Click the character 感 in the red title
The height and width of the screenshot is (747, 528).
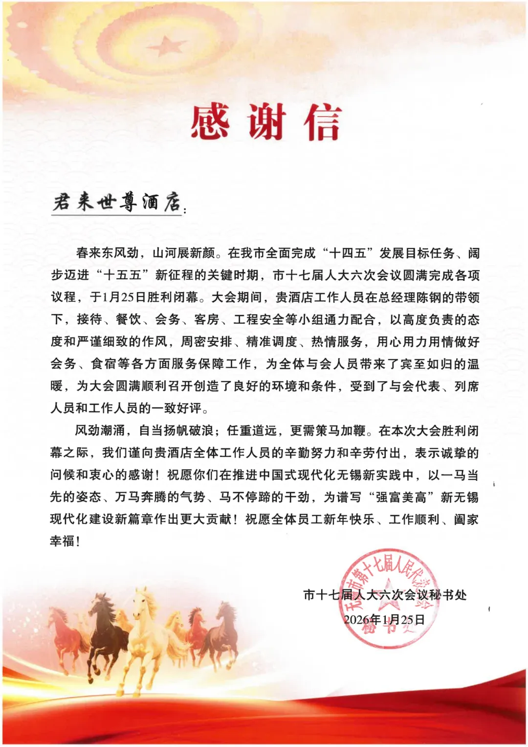(210, 122)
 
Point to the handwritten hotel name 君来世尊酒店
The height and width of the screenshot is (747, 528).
(117, 201)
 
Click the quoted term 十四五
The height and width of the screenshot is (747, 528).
(348, 253)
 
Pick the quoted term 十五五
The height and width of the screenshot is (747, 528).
(122, 275)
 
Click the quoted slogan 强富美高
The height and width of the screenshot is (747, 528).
(401, 497)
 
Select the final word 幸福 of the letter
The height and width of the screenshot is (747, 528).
(63, 541)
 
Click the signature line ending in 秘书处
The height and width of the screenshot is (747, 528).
(385, 595)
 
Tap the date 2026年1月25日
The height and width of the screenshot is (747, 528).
(384, 619)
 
